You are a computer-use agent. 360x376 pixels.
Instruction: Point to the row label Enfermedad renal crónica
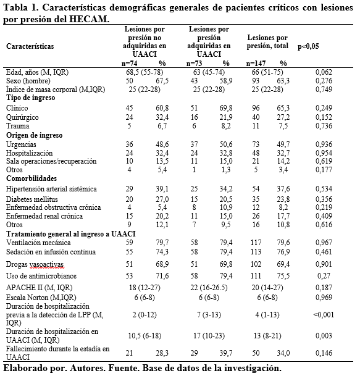pyautogui.click(x=43, y=217)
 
